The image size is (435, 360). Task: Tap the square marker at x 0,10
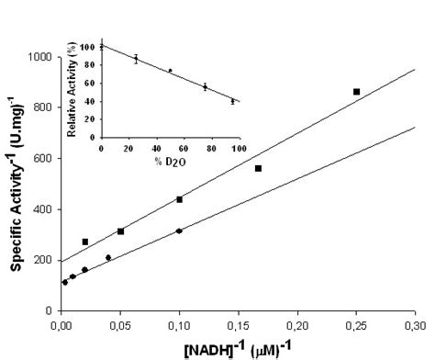pos(180,199)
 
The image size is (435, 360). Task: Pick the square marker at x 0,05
pos(120,231)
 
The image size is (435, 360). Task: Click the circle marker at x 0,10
pos(179,231)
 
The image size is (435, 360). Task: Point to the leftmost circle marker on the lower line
pos(65,282)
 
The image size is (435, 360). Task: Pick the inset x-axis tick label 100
pos(237,149)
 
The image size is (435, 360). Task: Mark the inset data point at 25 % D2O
pos(136,59)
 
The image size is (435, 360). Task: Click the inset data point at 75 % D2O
pos(205,86)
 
